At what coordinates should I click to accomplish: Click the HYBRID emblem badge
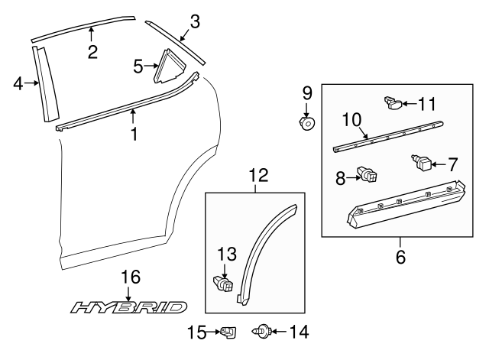click(x=128, y=307)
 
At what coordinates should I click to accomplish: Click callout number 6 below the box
click(x=400, y=258)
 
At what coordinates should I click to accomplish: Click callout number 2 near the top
click(x=92, y=52)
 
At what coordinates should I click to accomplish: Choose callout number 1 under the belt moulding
click(x=134, y=135)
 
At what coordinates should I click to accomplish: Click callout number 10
click(x=351, y=119)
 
